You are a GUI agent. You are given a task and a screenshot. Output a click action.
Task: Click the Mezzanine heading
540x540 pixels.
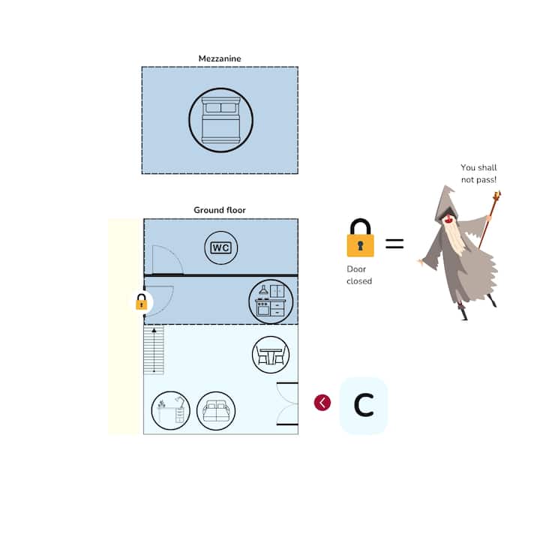(220, 58)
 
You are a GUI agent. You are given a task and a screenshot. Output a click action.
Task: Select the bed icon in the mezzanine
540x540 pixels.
(220, 120)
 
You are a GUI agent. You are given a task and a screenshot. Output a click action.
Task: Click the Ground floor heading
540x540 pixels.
(220, 210)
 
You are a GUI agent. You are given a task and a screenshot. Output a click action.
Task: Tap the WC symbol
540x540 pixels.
(220, 247)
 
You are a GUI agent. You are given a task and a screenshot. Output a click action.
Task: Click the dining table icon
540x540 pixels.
(271, 355)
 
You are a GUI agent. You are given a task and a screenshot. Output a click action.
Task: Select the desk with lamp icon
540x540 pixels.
(170, 410)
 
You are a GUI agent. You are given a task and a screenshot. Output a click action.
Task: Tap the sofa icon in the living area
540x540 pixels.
(216, 410)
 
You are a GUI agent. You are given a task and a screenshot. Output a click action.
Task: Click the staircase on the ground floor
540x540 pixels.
(154, 349)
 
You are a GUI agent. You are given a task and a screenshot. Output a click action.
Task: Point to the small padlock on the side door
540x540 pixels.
(141, 302)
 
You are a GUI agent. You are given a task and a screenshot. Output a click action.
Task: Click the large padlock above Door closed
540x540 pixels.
(360, 238)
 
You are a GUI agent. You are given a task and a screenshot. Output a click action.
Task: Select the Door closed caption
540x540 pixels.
(359, 274)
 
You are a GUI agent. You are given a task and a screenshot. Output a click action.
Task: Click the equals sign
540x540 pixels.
(394, 244)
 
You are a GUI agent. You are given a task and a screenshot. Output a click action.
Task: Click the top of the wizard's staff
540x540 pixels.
(496, 197)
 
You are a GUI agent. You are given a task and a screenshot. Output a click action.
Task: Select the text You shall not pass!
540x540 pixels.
(478, 173)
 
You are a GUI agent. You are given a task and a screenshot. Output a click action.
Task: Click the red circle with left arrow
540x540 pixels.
(322, 403)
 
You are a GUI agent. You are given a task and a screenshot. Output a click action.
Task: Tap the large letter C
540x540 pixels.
(364, 406)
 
